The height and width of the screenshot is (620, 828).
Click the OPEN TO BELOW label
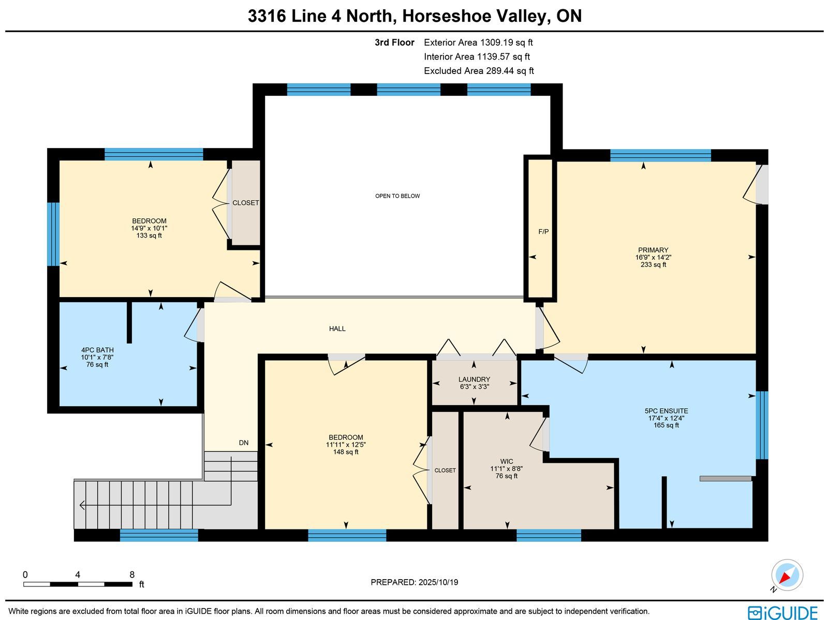pyautogui.click(x=397, y=196)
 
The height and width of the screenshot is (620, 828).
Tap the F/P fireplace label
pyautogui.click(x=543, y=231)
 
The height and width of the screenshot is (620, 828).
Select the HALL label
pyautogui.click(x=337, y=329)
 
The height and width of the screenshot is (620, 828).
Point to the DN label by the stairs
pyautogui.click(x=244, y=442)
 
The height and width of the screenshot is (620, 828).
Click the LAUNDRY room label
pyautogui.click(x=474, y=379)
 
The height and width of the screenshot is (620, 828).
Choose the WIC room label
pyautogui.click(x=506, y=461)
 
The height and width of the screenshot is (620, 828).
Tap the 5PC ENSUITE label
pyautogui.click(x=666, y=411)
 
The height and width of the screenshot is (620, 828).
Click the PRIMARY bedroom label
pyautogui.click(x=653, y=249)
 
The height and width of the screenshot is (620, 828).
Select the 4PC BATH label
pyautogui.click(x=97, y=350)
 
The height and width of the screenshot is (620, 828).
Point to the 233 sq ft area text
pyautogui.click(x=653, y=264)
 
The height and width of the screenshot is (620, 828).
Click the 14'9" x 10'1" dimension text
pyautogui.click(x=149, y=228)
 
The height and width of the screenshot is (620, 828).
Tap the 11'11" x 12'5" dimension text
pyautogui.click(x=346, y=445)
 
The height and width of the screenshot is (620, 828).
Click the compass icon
pyautogui.click(x=787, y=575)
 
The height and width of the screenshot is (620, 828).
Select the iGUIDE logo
pyautogui.click(x=782, y=612)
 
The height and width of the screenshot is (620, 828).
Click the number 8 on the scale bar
pyautogui.click(x=132, y=574)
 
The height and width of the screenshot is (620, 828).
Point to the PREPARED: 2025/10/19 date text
pyautogui.click(x=414, y=582)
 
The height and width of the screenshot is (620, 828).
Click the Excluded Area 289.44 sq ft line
pyautogui.click(x=479, y=70)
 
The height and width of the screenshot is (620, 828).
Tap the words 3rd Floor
pyautogui.click(x=394, y=42)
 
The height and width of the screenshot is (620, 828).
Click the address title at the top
pyautogui.click(x=415, y=16)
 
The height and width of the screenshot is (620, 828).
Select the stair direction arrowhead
pyautogui.click(x=82, y=505)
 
